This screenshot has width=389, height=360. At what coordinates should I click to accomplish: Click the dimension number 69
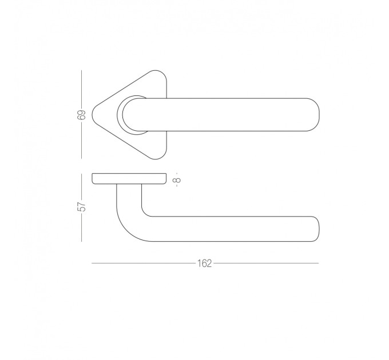81,114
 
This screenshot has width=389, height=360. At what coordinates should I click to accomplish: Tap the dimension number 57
81,207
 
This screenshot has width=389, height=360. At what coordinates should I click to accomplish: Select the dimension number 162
204,263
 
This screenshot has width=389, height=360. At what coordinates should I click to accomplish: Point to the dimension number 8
178,179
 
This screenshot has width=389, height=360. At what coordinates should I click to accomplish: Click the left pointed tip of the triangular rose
93,115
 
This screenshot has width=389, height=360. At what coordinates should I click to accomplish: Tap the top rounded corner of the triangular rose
156,71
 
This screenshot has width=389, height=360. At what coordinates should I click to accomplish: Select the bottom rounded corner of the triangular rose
156,158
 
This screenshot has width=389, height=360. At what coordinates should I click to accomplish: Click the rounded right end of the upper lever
319,114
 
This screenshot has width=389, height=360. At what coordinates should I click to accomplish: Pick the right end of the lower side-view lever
319,229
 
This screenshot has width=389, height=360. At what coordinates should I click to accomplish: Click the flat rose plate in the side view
129,179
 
